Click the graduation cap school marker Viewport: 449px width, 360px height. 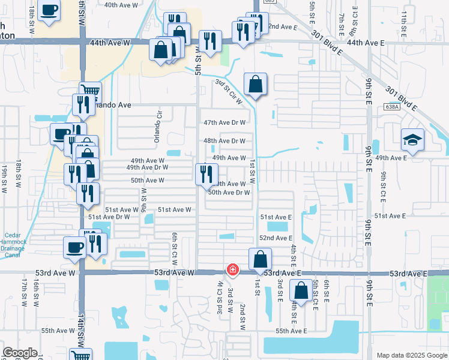412,140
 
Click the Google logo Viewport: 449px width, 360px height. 19,353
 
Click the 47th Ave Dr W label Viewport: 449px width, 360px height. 224,122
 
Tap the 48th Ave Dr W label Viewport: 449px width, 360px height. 224,141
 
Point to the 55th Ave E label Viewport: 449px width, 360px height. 291,331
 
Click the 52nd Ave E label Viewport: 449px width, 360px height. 276,238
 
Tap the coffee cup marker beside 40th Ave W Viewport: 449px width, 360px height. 49,10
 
